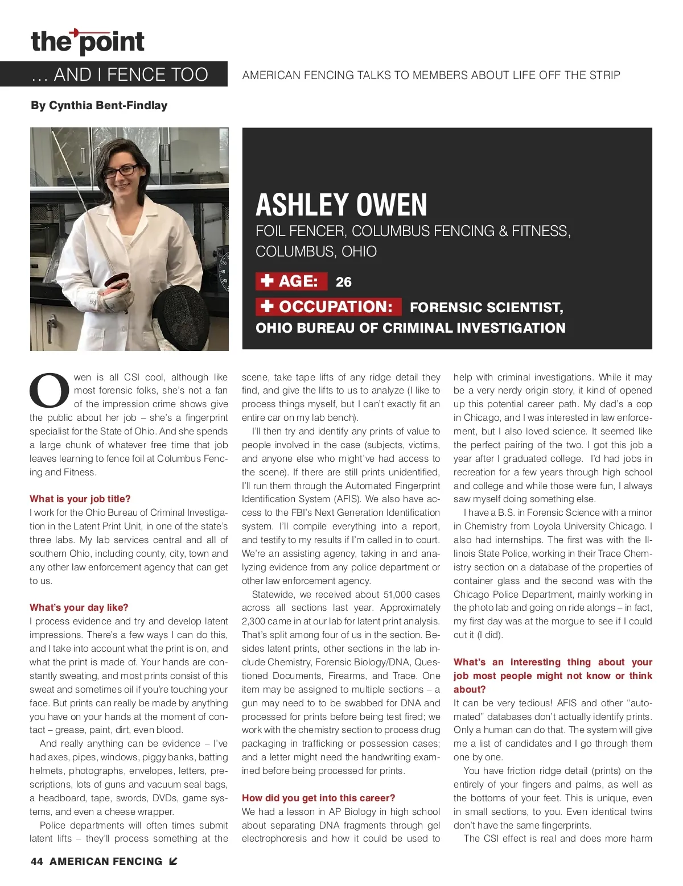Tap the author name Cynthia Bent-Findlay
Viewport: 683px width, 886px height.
coord(99,105)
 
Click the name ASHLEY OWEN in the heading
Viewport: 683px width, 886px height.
coord(341,205)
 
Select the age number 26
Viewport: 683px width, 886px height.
coord(343,282)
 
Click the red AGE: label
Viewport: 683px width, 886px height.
coord(291,281)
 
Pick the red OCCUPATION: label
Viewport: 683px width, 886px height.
coord(328,307)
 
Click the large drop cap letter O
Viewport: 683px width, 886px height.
coord(50,391)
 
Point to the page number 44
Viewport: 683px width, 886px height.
coord(36,862)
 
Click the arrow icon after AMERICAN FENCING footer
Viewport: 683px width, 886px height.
coord(174,861)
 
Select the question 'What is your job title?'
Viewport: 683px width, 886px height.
coord(80,499)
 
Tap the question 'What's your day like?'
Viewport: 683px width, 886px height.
coord(79,607)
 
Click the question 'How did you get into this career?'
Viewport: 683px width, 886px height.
coord(318,798)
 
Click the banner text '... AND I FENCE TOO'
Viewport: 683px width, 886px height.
coord(120,74)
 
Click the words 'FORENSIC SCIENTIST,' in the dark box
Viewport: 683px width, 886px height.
coord(486,308)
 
